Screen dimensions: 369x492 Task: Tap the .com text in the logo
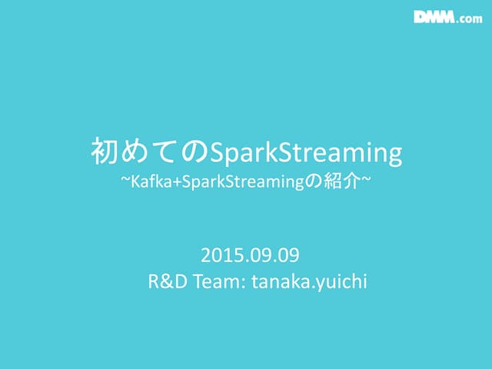(471, 19)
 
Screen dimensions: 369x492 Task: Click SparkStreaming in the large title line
(305, 154)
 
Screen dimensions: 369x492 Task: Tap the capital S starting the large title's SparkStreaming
(216, 153)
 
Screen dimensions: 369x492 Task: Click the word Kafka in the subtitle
(149, 185)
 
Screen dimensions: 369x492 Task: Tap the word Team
(217, 281)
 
